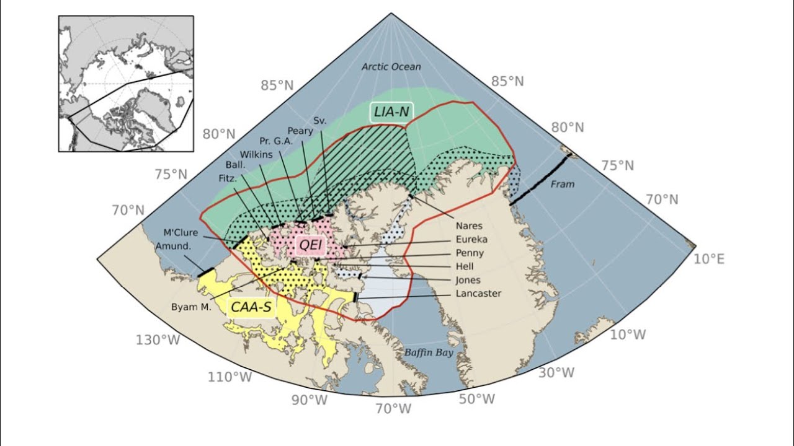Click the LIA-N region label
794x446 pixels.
pyautogui.click(x=391, y=112)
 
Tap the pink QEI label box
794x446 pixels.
pyautogui.click(x=311, y=245)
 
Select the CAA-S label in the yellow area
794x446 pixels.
pyautogui.click(x=251, y=307)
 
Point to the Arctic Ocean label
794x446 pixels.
pyautogui.click(x=391, y=67)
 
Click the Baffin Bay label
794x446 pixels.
pyautogui.click(x=429, y=353)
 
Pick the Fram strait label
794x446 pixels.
pyautogui.click(x=563, y=184)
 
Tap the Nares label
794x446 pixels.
pyautogui.click(x=468, y=226)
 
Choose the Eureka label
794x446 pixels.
pyautogui.click(x=471, y=240)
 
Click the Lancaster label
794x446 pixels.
pyautogui.click(x=478, y=294)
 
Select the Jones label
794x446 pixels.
pyautogui.click(x=468, y=280)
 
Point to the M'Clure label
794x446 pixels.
pyautogui.click(x=180, y=233)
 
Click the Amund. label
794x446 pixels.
pyautogui.click(x=172, y=246)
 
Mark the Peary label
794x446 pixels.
pyautogui.click(x=300, y=131)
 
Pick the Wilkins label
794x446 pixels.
pyautogui.click(x=256, y=154)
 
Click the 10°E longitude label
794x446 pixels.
pyautogui.click(x=708, y=259)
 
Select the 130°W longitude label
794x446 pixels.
pyautogui.click(x=158, y=340)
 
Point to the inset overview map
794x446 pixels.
pyautogui.click(x=126, y=84)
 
